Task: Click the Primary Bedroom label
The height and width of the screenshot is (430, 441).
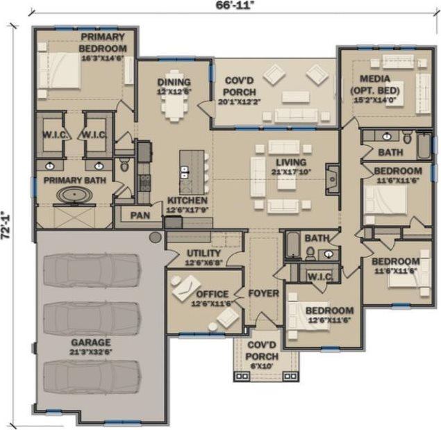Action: coord(102,42)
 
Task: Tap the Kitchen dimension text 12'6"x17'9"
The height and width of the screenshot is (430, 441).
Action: coord(186,211)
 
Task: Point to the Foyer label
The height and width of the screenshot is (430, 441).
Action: coord(263,293)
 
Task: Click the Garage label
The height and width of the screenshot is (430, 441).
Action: coord(91,342)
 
